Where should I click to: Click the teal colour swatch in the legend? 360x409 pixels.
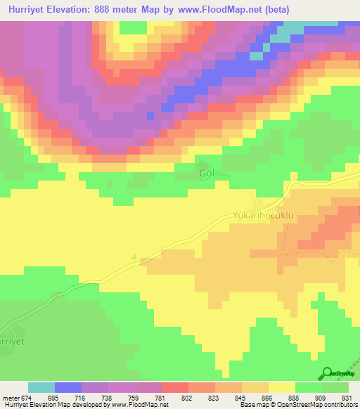tap(41, 387)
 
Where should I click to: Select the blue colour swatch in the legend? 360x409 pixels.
tap(68, 387)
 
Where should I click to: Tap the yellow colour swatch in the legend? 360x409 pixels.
tap(282, 387)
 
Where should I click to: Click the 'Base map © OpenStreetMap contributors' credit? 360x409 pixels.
tap(296, 405)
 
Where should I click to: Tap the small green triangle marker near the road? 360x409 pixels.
tap(134, 257)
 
